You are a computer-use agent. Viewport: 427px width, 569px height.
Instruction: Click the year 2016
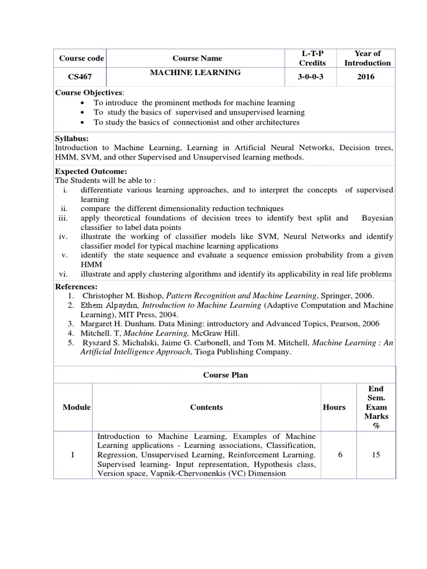(x=366, y=77)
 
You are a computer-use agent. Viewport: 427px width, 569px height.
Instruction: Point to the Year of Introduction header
(x=368, y=58)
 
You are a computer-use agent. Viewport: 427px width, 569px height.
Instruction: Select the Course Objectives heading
(x=89, y=92)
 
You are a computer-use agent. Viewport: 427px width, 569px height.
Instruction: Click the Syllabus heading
(x=72, y=138)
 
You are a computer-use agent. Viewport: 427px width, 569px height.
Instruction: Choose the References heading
(x=76, y=286)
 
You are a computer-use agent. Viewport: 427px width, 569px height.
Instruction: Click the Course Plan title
(x=225, y=375)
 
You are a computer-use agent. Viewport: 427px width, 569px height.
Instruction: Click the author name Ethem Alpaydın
(x=110, y=305)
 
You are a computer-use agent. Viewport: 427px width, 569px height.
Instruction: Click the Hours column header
(x=334, y=407)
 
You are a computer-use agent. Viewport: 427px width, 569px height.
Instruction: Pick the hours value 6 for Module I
(x=339, y=455)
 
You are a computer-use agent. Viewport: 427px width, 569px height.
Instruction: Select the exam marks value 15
(x=376, y=455)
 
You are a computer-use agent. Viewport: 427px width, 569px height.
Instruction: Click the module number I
(x=73, y=455)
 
